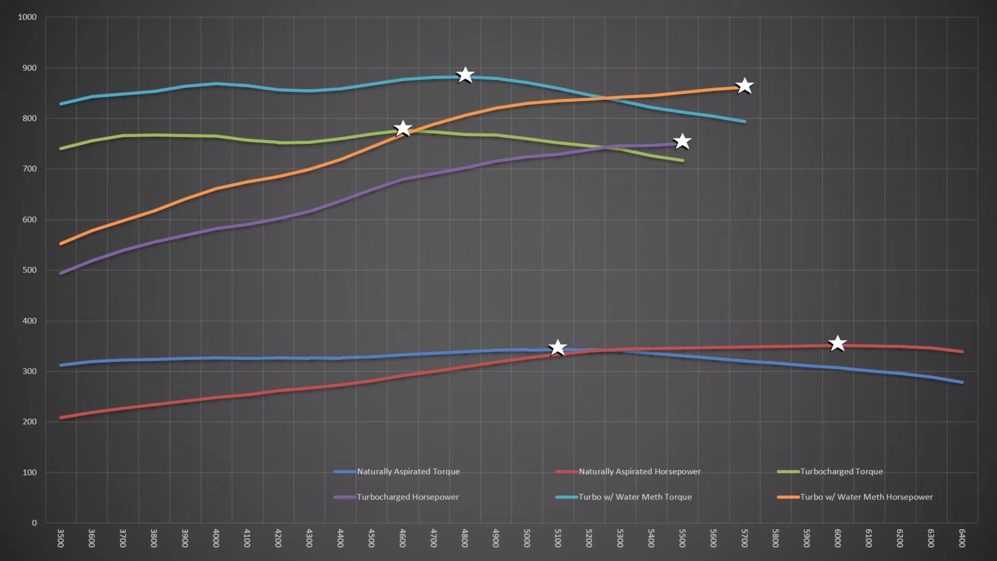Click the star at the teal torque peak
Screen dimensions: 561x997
(x=465, y=75)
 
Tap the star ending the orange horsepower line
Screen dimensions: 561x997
(x=745, y=86)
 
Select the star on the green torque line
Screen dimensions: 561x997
(x=403, y=128)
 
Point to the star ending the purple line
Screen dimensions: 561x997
(x=682, y=141)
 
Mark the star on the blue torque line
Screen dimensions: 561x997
(x=558, y=348)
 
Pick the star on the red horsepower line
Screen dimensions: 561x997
(x=837, y=343)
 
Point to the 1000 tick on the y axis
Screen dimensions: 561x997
(x=28, y=17)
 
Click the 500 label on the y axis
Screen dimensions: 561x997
(x=30, y=270)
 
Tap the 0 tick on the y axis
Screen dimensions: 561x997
(x=34, y=523)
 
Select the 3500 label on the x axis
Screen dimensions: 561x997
(x=60, y=538)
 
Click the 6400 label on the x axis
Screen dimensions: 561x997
(x=962, y=538)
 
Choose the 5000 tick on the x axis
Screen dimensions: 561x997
(x=527, y=538)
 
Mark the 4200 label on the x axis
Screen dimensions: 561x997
(x=278, y=538)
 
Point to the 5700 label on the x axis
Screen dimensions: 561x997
(x=744, y=538)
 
